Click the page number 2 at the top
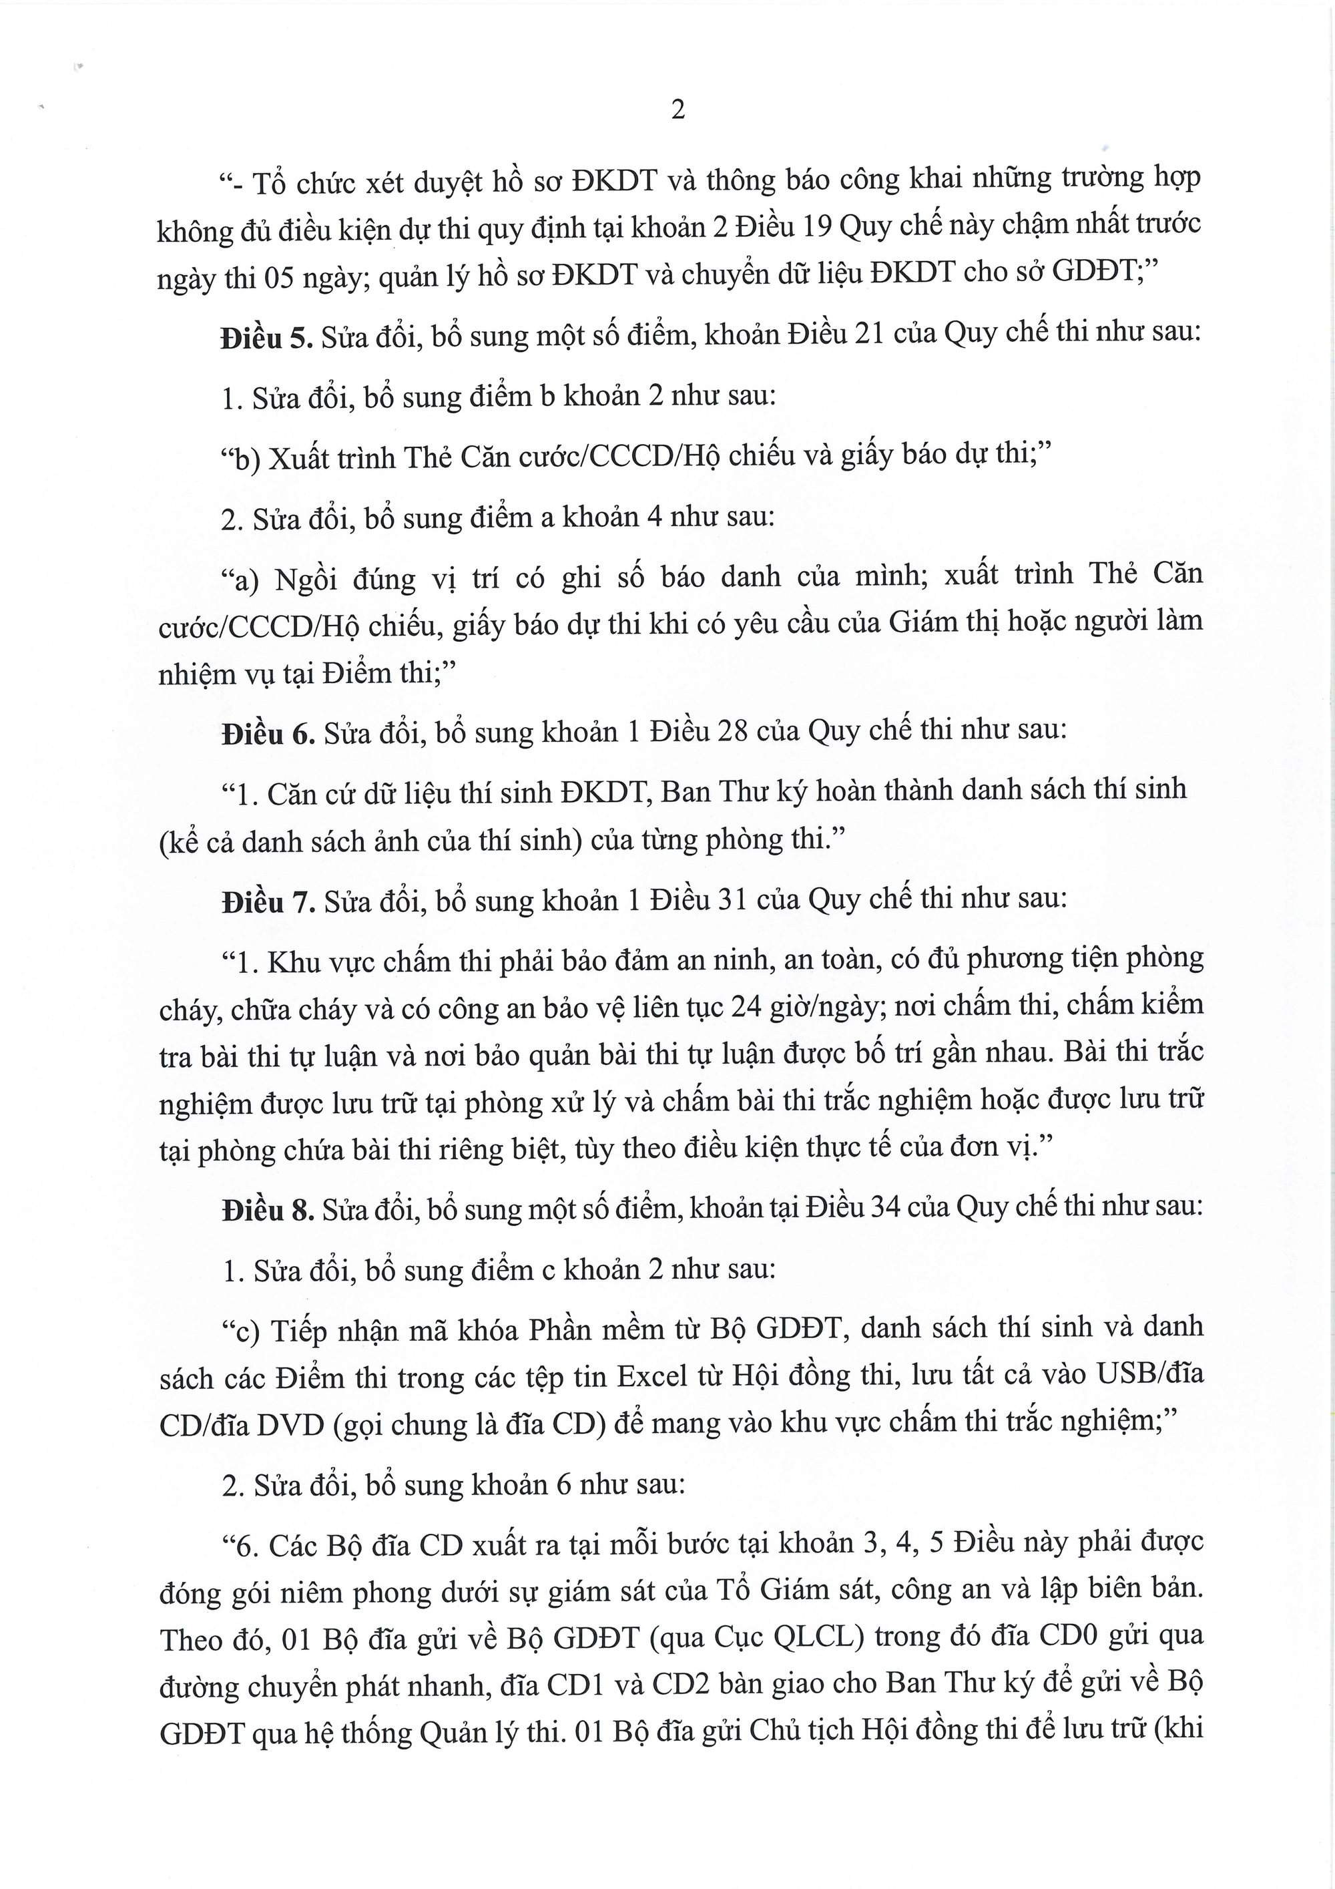click(678, 110)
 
